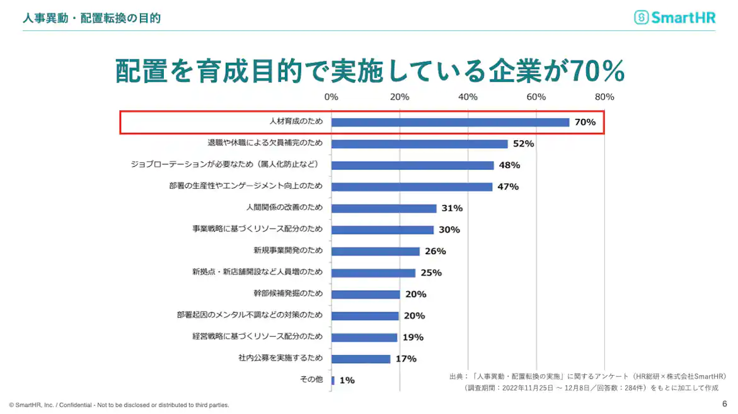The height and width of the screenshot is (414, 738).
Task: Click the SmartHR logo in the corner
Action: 675,18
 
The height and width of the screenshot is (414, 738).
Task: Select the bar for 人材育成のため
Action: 450,122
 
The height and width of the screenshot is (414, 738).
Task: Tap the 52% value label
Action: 523,143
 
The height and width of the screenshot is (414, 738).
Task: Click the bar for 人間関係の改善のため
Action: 384,208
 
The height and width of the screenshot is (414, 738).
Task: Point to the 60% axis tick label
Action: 536,97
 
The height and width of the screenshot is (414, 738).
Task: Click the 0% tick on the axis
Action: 331,97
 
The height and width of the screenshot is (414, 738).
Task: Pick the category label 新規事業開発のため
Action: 288,250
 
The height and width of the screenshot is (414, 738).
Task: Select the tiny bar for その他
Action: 333,380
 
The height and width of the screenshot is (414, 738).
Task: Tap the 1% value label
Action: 347,380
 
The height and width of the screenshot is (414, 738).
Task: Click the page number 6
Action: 725,403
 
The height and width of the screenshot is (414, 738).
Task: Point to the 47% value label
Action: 508,187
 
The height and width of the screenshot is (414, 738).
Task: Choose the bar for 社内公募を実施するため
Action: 361,359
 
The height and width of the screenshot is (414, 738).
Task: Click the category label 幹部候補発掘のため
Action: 288,294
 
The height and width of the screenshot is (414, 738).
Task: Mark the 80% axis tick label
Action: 604,97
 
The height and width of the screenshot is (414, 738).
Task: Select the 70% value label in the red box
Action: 584,122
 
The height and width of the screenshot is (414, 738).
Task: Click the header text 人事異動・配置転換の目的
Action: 92,18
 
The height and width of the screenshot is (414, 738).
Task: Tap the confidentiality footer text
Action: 119,405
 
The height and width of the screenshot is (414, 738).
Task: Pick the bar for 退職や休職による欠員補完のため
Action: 419,143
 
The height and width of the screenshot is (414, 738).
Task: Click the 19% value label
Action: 413,337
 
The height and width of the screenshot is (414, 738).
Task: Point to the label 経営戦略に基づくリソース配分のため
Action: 257,337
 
